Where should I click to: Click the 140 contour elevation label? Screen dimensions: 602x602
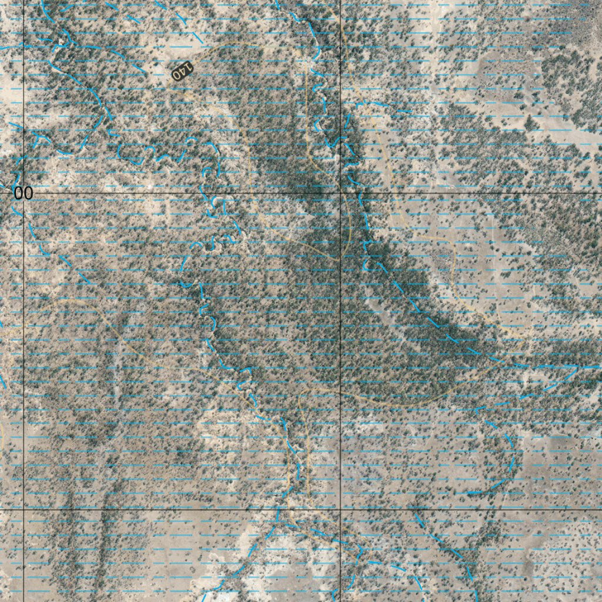click(182, 71)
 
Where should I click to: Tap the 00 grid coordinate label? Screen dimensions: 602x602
click(24, 193)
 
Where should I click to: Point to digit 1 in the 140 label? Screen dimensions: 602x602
click(188, 66)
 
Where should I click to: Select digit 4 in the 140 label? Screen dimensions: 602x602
click(182, 71)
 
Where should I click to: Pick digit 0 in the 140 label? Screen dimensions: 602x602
click(177, 75)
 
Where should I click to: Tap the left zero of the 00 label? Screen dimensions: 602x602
click(19, 193)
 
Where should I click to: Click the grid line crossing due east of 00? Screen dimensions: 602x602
click(341, 193)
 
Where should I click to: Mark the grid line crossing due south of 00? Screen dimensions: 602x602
click(24, 510)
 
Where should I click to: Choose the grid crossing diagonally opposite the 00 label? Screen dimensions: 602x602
click(341, 510)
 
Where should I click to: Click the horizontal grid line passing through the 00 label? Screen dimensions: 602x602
click(176, 193)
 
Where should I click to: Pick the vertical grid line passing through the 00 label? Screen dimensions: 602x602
click(24, 353)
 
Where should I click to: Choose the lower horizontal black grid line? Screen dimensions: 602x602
click(176, 510)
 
